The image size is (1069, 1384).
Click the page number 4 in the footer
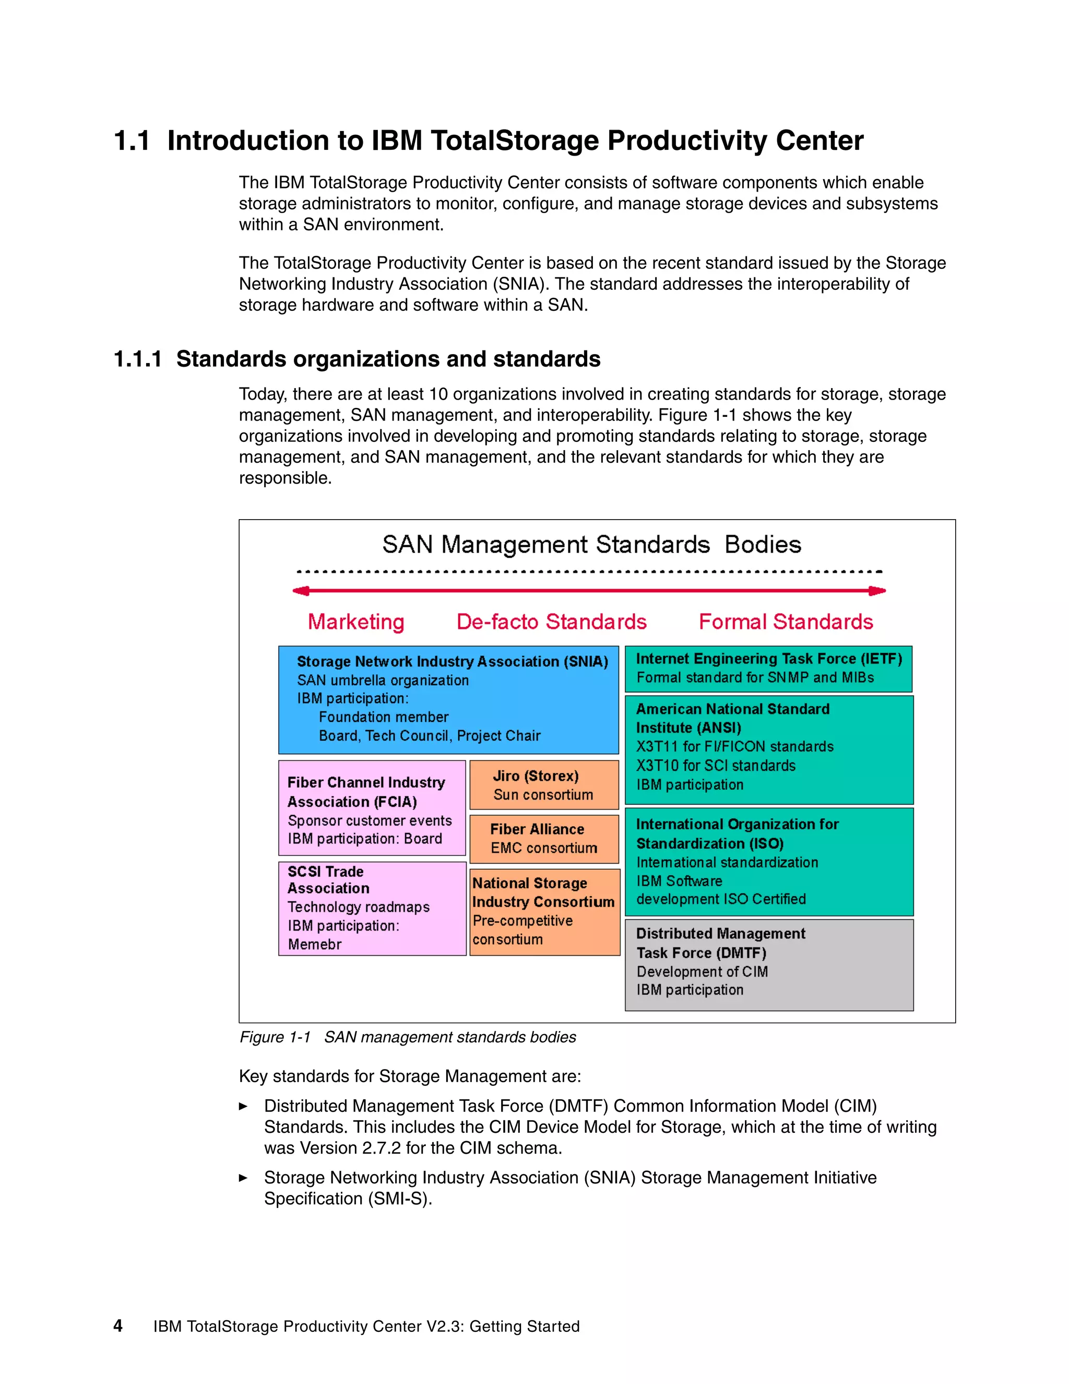(x=118, y=1326)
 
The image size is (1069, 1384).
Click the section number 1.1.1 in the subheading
(x=137, y=359)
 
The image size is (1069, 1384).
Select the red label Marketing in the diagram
(x=356, y=621)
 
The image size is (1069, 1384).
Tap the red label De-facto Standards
(x=551, y=621)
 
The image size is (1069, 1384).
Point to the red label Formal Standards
(x=785, y=621)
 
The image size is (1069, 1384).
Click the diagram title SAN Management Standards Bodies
(x=591, y=545)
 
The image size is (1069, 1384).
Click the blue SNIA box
(x=448, y=700)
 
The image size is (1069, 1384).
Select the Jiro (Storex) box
(x=544, y=784)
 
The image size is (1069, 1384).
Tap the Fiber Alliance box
(x=544, y=838)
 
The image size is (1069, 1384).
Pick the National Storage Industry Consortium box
(x=544, y=911)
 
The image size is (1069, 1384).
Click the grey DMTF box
(x=769, y=965)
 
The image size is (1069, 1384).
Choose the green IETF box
(x=768, y=668)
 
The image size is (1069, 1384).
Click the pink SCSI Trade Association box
(x=372, y=908)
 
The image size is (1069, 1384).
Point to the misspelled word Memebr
(x=315, y=944)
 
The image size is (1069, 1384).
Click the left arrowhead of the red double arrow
(x=300, y=591)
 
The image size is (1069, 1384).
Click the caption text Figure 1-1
(x=275, y=1037)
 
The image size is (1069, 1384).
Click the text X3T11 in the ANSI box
(x=657, y=746)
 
